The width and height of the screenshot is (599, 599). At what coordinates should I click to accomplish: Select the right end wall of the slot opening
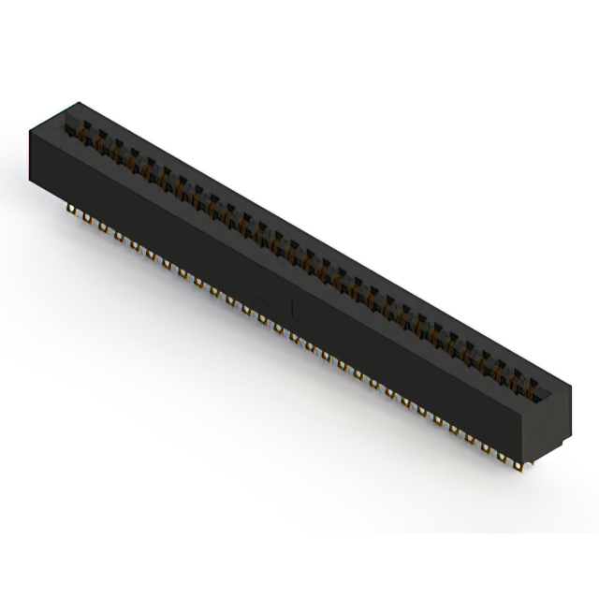pos(550,392)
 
